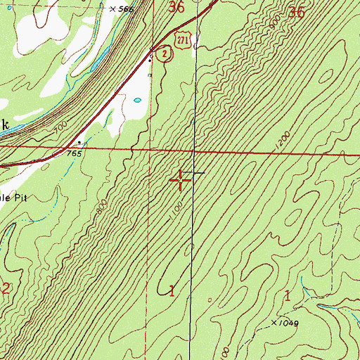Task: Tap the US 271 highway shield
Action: [x=183, y=42]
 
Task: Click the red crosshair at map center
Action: [x=181, y=181]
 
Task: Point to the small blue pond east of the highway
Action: [x=137, y=100]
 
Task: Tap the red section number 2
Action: [x=6, y=287]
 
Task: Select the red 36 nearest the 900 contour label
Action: [x=297, y=13]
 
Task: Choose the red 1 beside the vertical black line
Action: [x=173, y=289]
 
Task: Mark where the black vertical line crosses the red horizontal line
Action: [x=194, y=150]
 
